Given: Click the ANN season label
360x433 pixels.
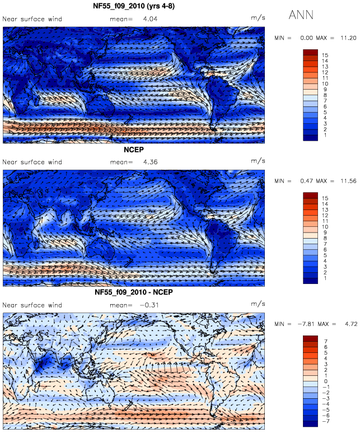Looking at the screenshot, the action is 301,15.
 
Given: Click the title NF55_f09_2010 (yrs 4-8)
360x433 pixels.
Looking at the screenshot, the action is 134,6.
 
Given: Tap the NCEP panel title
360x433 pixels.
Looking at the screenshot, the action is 134,150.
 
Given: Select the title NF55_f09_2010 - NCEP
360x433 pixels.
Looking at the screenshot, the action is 134,292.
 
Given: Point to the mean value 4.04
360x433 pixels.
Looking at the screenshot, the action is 151,19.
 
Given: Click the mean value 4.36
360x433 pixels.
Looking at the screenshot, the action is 151,162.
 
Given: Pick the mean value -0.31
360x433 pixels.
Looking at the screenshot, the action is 149,305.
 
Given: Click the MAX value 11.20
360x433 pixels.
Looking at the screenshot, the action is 348,38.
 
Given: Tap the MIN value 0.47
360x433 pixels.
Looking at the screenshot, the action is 307,181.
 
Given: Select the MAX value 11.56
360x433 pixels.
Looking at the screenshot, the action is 348,181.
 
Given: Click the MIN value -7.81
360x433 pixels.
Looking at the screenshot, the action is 306,324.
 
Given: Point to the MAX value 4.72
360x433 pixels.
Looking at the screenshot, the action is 351,324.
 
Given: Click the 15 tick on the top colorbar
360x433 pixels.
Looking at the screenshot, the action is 325,55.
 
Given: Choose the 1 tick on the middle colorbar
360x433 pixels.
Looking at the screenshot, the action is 325,278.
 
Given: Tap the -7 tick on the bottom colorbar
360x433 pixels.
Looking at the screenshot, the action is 326,421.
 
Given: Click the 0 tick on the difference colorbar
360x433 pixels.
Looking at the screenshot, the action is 326,381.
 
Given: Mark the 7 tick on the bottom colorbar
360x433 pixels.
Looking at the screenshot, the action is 326,341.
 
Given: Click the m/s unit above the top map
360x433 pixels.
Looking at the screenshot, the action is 258,18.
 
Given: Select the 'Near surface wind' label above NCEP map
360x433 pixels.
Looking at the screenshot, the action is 32,162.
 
